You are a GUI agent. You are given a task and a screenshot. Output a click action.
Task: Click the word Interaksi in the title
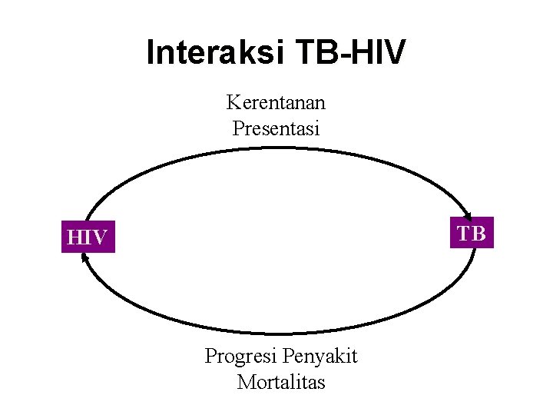(x=210, y=52)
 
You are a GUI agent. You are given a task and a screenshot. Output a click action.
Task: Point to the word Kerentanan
(x=276, y=102)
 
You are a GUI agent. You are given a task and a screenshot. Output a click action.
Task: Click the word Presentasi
(x=276, y=128)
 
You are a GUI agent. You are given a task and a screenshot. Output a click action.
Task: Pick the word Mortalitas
(x=281, y=382)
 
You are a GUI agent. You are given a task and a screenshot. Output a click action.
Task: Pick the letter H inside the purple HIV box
(x=75, y=237)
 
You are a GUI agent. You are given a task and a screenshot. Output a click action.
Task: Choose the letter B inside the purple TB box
(x=478, y=233)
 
